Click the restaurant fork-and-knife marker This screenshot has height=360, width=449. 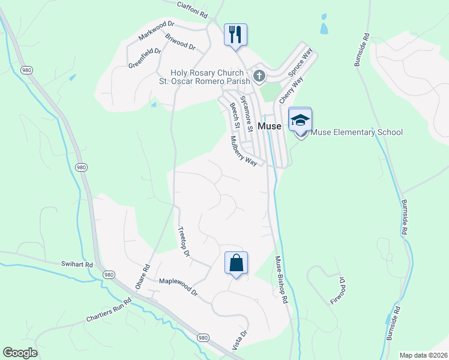coord(236,34)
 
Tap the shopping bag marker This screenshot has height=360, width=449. coord(236,262)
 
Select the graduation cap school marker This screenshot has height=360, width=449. coord(300,119)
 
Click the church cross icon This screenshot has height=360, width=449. coord(259,76)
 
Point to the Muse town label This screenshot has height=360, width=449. coord(270,126)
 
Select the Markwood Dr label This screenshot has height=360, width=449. coord(155,31)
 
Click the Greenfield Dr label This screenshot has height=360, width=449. coord(145,58)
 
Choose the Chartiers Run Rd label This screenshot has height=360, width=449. coord(108,310)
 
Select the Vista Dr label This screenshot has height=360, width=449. coord(239,340)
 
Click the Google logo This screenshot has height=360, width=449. coord(20,353)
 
